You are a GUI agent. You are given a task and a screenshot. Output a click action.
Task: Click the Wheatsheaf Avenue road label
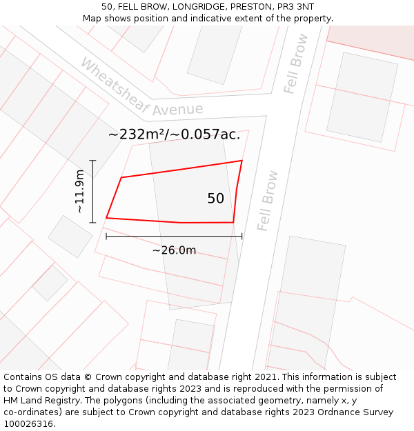tap(141, 88)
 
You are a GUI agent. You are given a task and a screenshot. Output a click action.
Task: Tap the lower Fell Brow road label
tap(267, 200)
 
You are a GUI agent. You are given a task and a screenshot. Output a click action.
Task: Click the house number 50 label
tap(215, 199)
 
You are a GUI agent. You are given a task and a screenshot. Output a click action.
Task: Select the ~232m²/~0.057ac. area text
tap(174, 134)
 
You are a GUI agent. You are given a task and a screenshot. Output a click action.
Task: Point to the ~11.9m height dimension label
tap(80, 192)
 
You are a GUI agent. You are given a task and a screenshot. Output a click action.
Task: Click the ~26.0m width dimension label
tap(174, 250)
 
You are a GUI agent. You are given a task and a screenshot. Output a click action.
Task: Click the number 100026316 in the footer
tap(28, 423)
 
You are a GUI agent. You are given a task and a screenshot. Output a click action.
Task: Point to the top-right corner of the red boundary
tap(241, 161)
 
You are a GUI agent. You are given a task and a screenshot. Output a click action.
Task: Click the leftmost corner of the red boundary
tap(106, 218)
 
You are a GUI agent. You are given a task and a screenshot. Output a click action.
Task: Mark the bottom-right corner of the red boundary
tap(233, 223)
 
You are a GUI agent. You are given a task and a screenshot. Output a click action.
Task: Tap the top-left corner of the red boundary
tap(121, 178)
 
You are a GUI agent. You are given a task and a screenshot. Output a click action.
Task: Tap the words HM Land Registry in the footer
tap(40, 400)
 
